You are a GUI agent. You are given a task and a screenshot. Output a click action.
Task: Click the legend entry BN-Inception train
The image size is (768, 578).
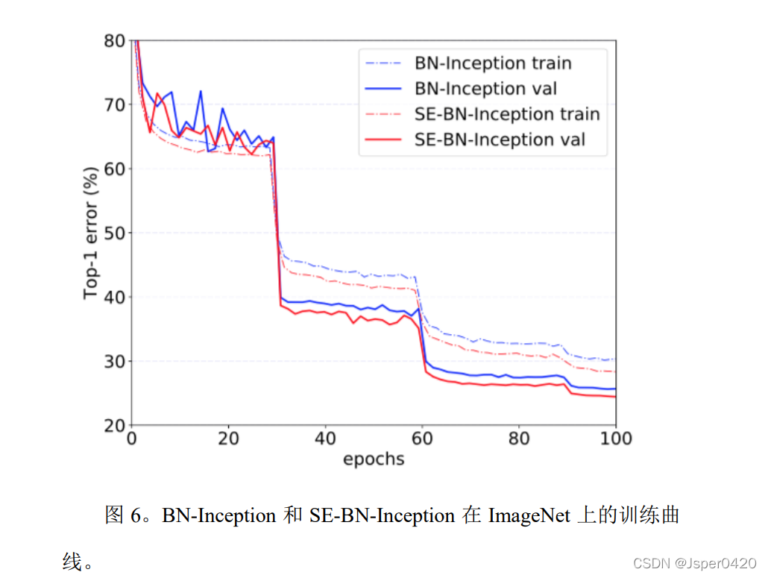[x=493, y=63]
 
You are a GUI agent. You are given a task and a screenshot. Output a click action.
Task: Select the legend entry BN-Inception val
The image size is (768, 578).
[x=485, y=89]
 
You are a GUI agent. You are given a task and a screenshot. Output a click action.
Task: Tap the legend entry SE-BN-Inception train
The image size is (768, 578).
[x=507, y=114]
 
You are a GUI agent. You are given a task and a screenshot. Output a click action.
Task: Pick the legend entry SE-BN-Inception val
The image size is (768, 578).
[x=500, y=139]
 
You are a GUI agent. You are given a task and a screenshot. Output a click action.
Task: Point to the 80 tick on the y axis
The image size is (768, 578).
[x=113, y=41]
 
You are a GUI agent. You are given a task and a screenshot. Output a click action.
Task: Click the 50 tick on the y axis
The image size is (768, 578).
[x=113, y=233]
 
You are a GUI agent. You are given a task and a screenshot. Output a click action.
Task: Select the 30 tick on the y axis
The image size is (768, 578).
[x=113, y=362]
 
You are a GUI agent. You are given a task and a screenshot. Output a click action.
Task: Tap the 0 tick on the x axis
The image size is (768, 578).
[x=132, y=439]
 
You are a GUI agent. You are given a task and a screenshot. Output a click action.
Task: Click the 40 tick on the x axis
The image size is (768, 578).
[x=325, y=439]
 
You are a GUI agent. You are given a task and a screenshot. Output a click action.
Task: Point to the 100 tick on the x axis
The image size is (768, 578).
[x=615, y=439]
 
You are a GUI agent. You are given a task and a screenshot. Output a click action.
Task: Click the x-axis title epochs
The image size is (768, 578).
[x=374, y=459]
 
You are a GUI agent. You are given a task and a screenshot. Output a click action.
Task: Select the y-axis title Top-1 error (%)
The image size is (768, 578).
[x=90, y=233]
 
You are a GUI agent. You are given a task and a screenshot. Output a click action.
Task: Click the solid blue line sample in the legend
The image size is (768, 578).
[x=385, y=89]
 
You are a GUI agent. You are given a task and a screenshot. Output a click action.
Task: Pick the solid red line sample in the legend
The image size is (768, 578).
[x=385, y=139]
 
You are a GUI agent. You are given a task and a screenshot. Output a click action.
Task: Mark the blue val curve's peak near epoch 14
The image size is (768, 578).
[x=201, y=92]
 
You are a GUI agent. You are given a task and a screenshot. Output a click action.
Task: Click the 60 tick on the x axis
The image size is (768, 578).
[x=422, y=439]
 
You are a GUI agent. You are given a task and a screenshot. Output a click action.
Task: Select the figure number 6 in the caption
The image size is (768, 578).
[x=136, y=515]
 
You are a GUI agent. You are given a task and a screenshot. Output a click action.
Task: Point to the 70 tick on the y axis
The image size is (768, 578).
[x=113, y=105]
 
